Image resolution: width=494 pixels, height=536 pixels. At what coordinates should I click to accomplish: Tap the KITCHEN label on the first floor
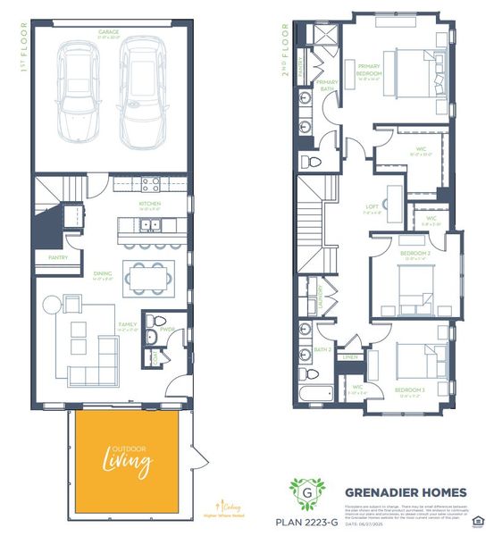pos(148,204)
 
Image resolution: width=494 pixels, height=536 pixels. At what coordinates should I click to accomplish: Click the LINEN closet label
pos(350,357)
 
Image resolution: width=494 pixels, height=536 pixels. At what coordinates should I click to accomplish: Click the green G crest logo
pos(307,492)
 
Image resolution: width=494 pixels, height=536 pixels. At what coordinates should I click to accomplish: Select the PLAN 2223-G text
pos(307,521)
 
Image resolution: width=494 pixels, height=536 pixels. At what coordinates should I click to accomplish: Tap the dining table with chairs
pos(148,277)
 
